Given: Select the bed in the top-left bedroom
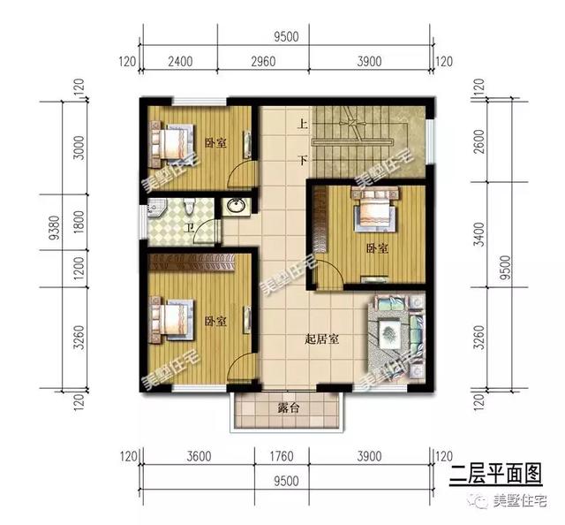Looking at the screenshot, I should [x=173, y=142].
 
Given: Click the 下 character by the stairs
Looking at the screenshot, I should [x=302, y=161].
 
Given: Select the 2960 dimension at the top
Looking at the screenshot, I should [x=263, y=62].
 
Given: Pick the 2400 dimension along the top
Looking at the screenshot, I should [x=180, y=62].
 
